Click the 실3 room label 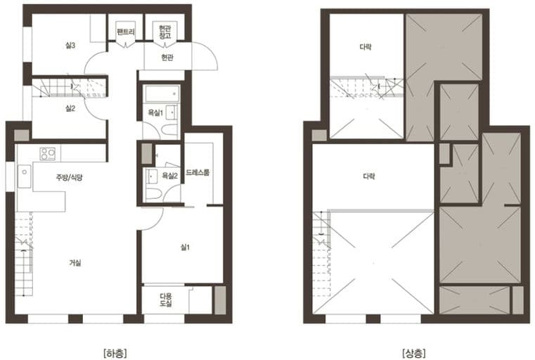tap(70, 46)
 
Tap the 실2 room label tap(70, 108)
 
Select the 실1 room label tap(185, 247)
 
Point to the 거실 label tap(75, 263)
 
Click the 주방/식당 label tap(70, 177)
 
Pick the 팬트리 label tap(126, 32)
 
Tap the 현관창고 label tap(165, 32)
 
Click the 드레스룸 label tap(198, 173)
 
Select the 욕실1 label tap(155, 112)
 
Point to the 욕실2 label tap(169, 176)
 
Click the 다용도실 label tap(166, 300)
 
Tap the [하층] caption tap(115, 353)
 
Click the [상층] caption tap(414, 353)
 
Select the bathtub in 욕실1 tap(162, 94)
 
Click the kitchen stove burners tap(47, 154)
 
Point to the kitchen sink tap(24, 176)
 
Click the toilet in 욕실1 tap(169, 130)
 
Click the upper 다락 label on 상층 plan tap(366, 46)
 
